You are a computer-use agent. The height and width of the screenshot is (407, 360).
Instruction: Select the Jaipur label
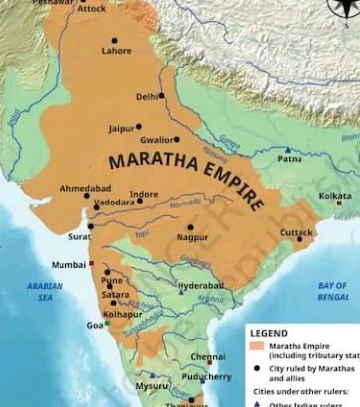pos(121,128)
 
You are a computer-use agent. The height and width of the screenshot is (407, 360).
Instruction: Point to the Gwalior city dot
pos(176,139)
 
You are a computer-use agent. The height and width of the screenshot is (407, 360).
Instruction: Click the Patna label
pos(290,158)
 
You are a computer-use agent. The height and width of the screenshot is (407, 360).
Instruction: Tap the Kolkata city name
pos(334,196)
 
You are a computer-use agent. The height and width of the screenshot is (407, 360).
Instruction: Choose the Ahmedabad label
pos(85,188)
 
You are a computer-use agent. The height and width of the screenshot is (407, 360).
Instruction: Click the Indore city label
pos(143,195)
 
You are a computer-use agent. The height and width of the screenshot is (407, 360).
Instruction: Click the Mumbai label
pos(68,265)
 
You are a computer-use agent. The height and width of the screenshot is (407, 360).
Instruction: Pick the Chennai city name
pos(208,356)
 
